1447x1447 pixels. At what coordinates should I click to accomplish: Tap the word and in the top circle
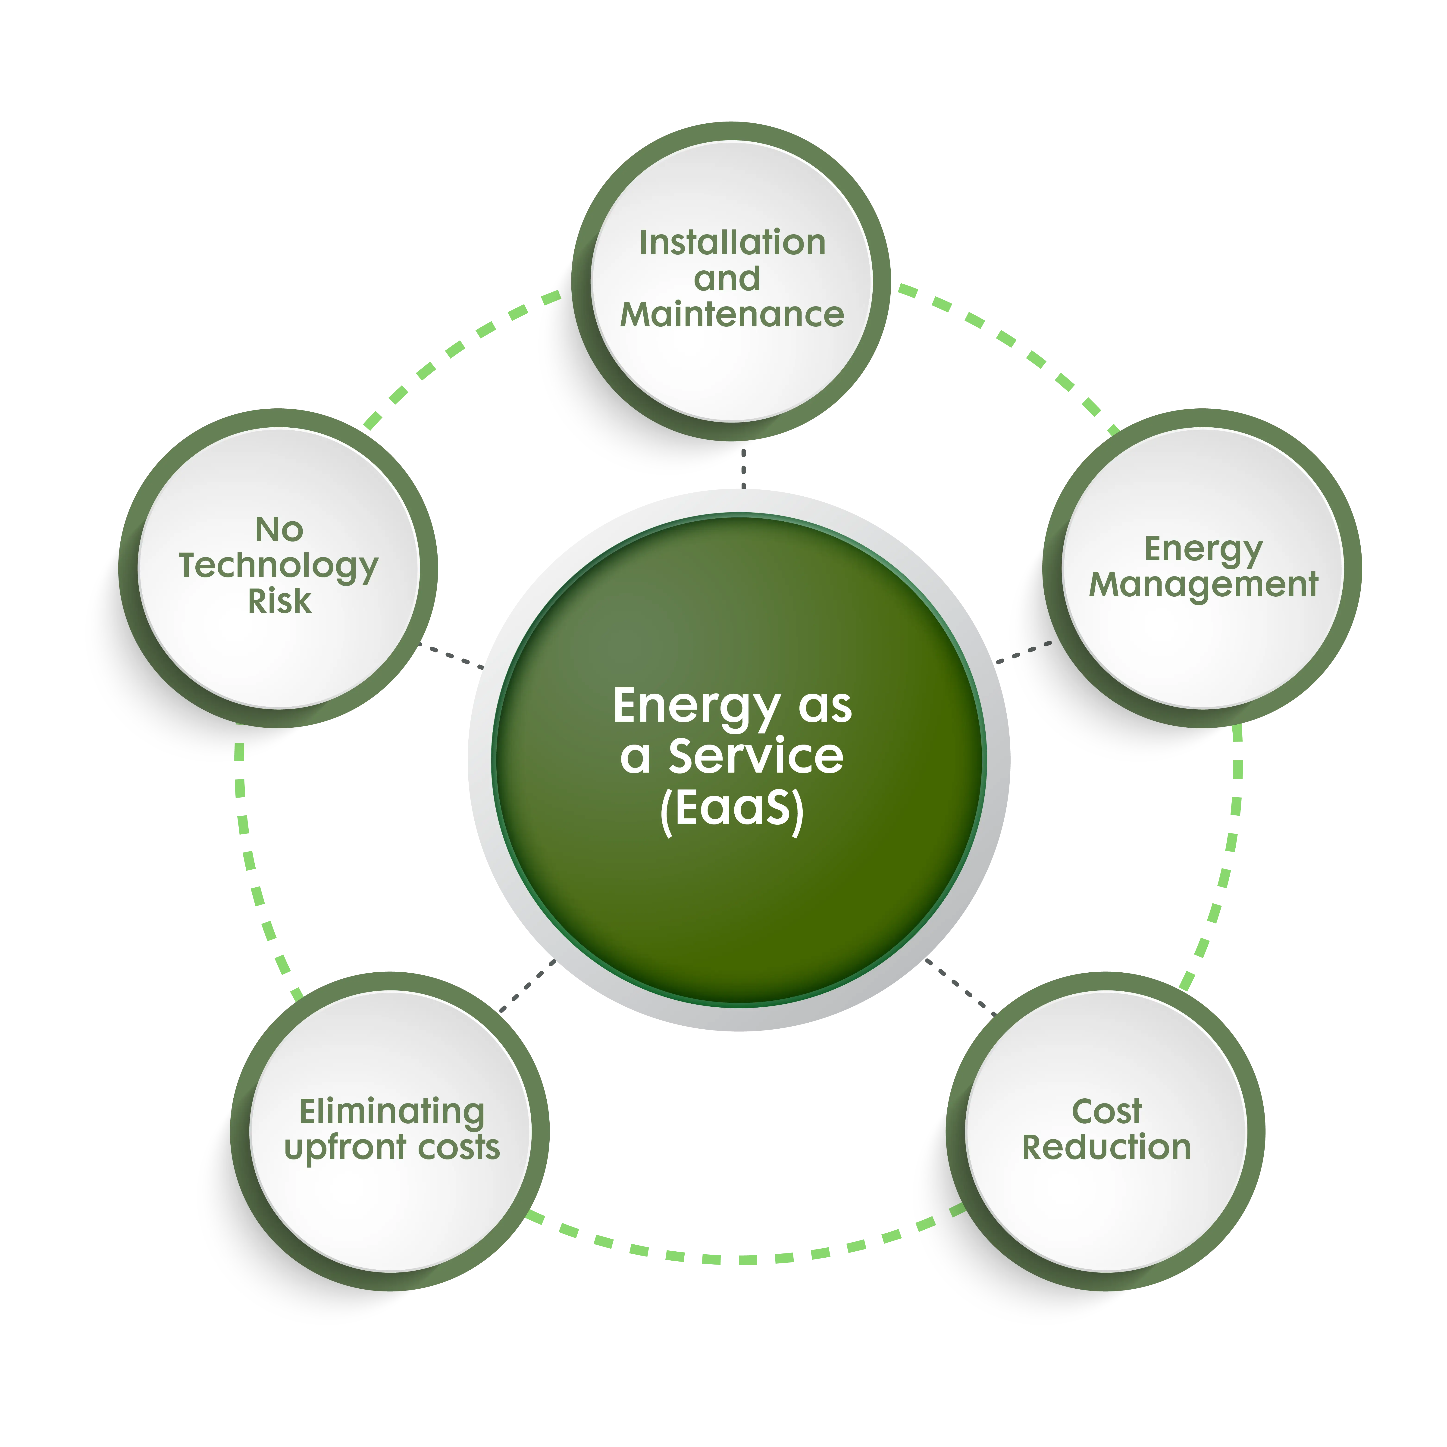point(727,279)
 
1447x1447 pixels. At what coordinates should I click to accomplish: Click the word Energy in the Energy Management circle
point(1203,549)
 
